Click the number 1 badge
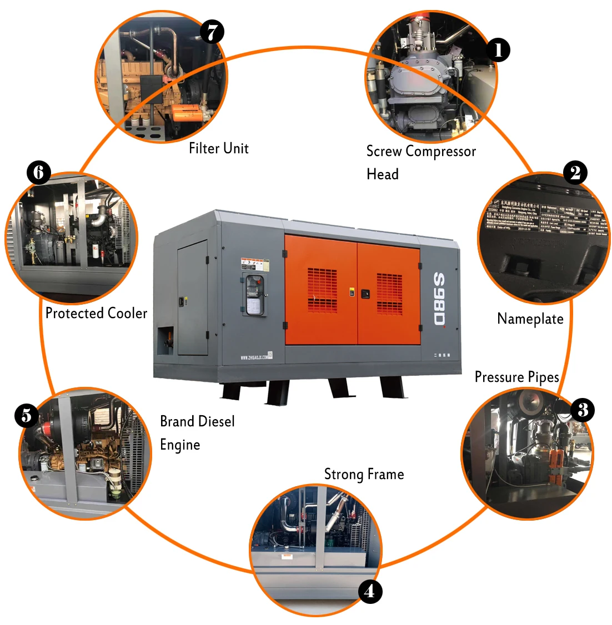click(498, 50)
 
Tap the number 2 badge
click(575, 173)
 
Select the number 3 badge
click(582, 410)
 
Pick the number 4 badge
click(369, 591)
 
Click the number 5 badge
click(26, 415)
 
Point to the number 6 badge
click(38, 173)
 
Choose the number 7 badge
click(212, 32)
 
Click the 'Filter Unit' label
click(218, 148)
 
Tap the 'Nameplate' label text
click(530, 319)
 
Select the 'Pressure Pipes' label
click(516, 377)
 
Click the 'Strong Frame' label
click(364, 474)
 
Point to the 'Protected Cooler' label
click(96, 314)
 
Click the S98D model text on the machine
click(439, 299)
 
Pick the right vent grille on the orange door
click(389, 294)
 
